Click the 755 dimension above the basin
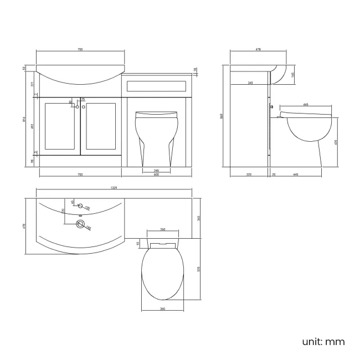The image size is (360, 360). [80, 50]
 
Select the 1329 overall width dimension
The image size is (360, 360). [114, 188]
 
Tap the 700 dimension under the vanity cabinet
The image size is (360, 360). [80, 174]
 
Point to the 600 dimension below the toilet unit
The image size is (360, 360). [157, 174]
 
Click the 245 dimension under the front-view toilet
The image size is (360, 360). [156, 170]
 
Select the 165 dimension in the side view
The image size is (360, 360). [292, 74]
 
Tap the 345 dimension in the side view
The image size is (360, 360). [251, 83]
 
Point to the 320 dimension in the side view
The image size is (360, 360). [249, 174]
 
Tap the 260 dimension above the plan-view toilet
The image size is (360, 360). [163, 229]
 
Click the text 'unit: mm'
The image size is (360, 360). [323, 341]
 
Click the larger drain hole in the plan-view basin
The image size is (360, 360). [81, 224]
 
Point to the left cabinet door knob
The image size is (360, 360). [77, 106]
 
